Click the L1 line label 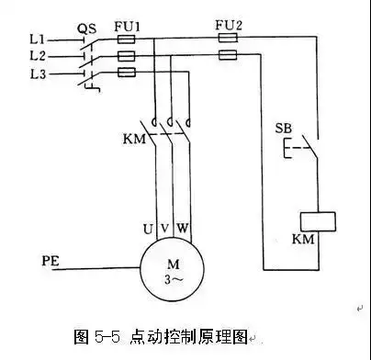(37, 41)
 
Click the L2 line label (37, 56)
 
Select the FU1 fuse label (128, 28)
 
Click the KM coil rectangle (317, 221)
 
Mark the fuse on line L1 (128, 41)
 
